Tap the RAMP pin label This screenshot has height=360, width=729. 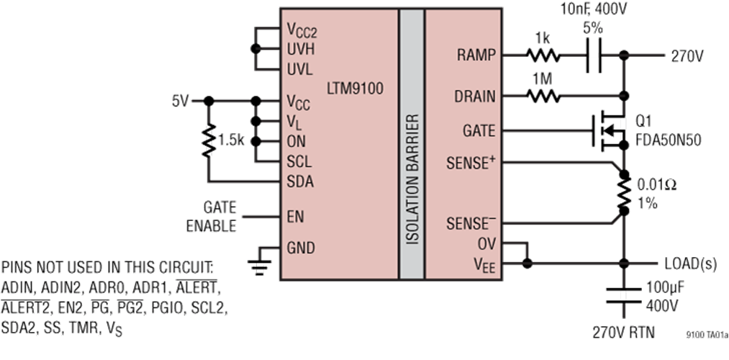click(476, 55)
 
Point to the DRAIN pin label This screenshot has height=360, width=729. click(474, 96)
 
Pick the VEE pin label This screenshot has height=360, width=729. click(485, 264)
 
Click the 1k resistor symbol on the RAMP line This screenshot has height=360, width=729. click(542, 55)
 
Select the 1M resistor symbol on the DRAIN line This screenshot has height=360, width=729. click(542, 96)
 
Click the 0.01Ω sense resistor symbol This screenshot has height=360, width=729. click(622, 193)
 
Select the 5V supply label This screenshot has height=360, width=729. click(179, 101)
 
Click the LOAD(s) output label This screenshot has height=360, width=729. click(689, 264)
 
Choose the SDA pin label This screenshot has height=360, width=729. click(299, 182)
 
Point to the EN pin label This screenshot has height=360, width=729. click(294, 215)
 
